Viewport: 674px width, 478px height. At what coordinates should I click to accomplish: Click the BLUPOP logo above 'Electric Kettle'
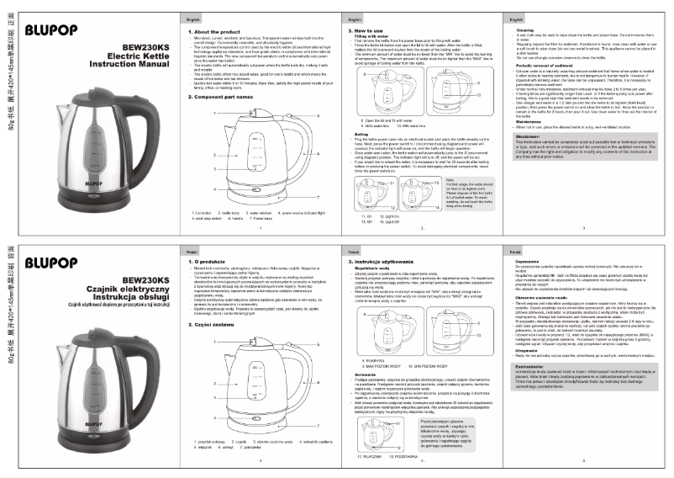coord(52,31)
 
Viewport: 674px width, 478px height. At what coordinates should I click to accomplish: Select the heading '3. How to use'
coord(362,30)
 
